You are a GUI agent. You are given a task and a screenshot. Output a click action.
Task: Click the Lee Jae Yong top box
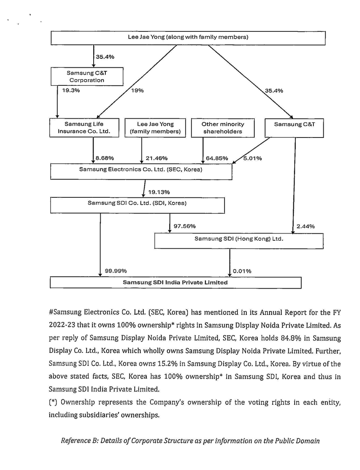pyautogui.click(x=188, y=38)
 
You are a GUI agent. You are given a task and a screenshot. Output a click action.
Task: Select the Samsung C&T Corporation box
pyautogui.click(x=87, y=77)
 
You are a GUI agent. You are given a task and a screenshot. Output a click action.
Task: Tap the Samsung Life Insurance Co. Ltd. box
pyautogui.click(x=84, y=128)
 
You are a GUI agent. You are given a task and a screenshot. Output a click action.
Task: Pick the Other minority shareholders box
pyautogui.click(x=223, y=128)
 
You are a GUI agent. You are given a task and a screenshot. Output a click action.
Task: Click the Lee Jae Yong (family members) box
pyautogui.click(x=155, y=128)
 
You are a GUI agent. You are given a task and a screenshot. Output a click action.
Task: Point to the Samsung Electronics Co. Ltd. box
pyautogui.click(x=141, y=170)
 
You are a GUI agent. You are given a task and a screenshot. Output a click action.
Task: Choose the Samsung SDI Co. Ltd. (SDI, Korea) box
pyautogui.click(x=137, y=203)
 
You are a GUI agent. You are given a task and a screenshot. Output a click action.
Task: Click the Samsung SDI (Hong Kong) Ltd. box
pyautogui.click(x=239, y=238)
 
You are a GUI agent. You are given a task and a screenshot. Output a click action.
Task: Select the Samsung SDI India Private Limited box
pyautogui.click(x=175, y=282)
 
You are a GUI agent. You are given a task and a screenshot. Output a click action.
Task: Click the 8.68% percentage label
pyautogui.click(x=105, y=158)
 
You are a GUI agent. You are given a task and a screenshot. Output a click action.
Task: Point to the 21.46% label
pyautogui.click(x=156, y=158)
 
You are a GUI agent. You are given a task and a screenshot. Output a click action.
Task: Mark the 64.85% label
pyautogui.click(x=217, y=158)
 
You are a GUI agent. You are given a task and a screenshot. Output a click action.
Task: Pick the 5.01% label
pyautogui.click(x=253, y=158)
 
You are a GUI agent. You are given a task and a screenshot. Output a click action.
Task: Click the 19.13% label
pyautogui.click(x=159, y=192)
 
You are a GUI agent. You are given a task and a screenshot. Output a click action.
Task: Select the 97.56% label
pyautogui.click(x=185, y=226)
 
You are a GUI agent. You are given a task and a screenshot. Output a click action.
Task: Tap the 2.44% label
pyautogui.click(x=306, y=226)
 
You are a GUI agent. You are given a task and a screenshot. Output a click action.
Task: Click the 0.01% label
pyautogui.click(x=242, y=271)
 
